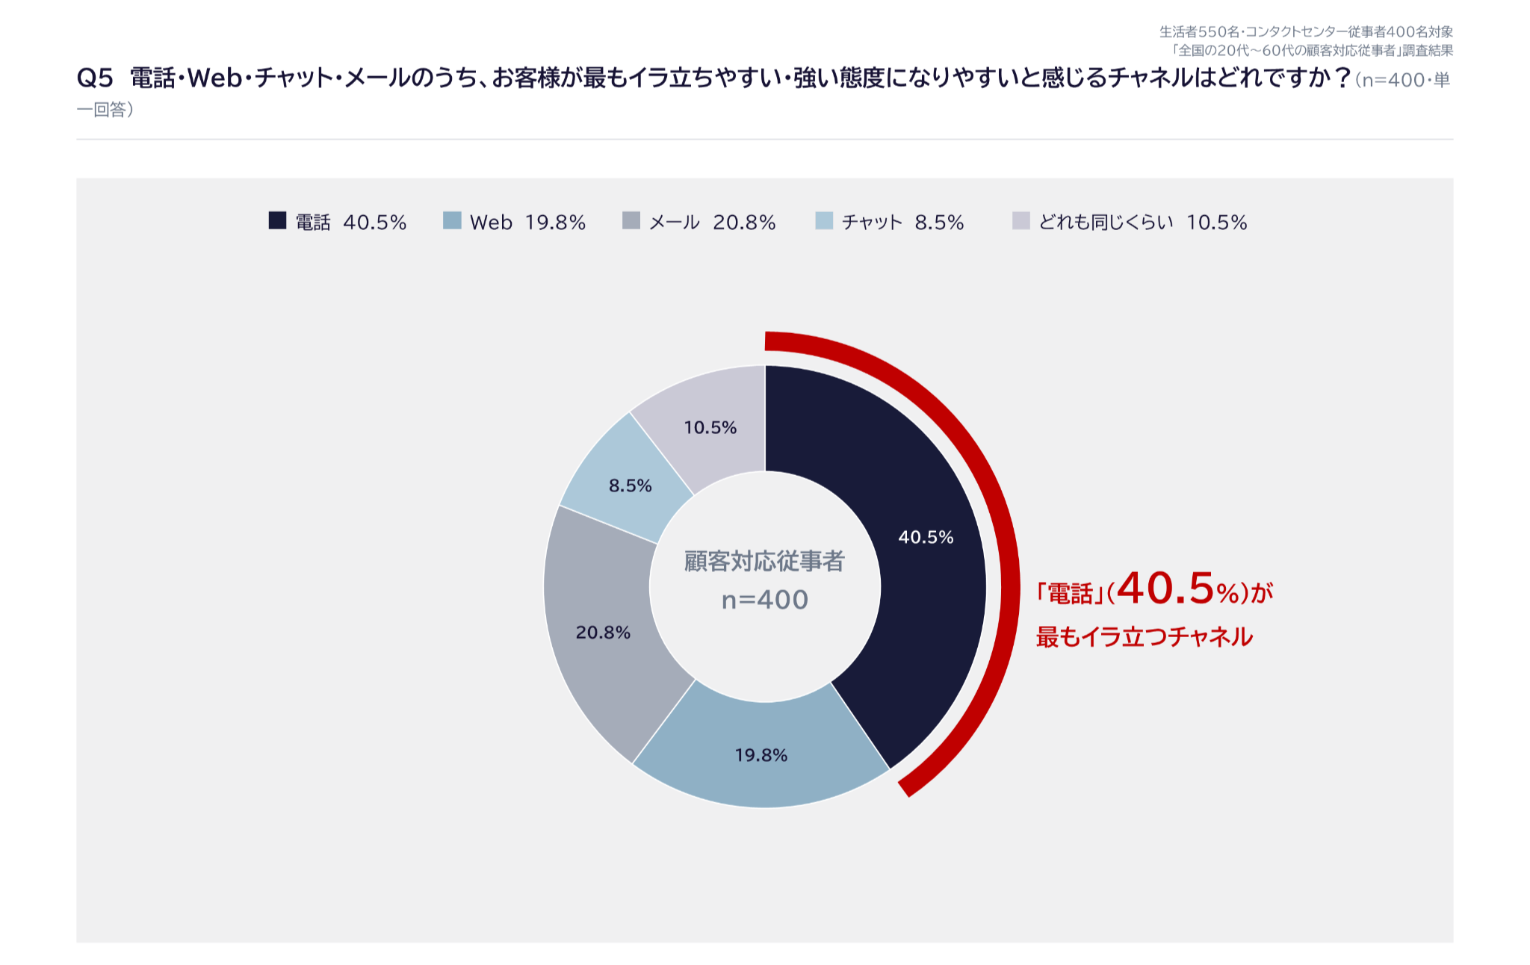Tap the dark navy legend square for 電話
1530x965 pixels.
tap(277, 220)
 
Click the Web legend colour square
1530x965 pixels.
tap(452, 220)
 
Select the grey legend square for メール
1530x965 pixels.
tap(631, 220)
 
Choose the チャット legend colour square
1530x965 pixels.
tap(824, 220)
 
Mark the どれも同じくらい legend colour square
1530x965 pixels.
tap(1021, 220)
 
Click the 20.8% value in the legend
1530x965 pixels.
tap(744, 222)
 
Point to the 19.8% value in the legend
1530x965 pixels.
tap(555, 222)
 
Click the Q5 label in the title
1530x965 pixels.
tap(95, 78)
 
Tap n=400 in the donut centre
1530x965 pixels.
tap(765, 600)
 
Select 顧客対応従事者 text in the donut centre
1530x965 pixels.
tap(764, 561)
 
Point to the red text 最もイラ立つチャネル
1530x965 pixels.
tap(1144, 637)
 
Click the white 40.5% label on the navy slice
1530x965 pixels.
tap(926, 537)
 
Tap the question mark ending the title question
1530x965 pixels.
tap(1342, 78)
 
